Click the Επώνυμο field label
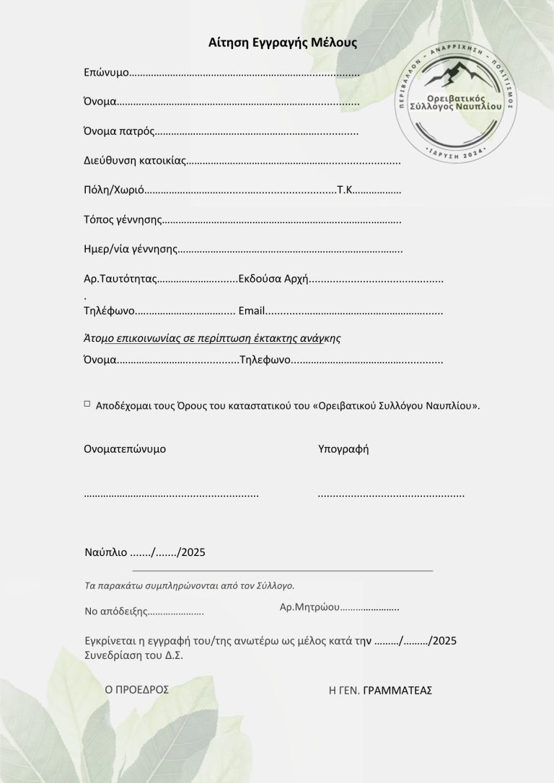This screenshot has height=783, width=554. (106, 74)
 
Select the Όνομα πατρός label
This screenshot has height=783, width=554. (119, 132)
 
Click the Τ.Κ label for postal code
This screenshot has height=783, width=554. (346, 190)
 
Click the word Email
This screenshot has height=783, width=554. (252, 311)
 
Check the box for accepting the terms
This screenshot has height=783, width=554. (87, 404)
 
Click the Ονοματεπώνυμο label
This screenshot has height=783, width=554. (125, 448)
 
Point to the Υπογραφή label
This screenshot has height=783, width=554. (343, 448)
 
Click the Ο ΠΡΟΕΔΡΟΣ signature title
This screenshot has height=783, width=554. (137, 689)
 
